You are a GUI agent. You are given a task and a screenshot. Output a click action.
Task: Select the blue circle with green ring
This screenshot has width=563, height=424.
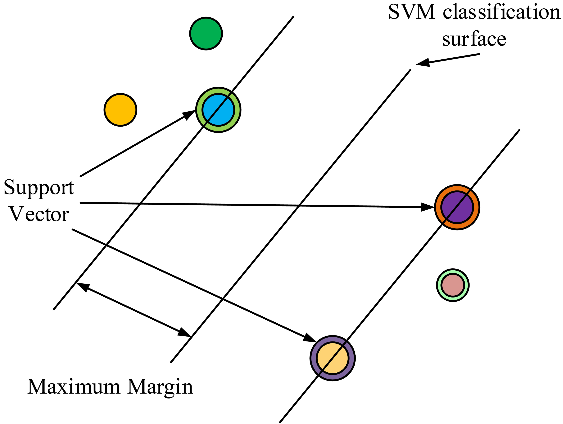218,110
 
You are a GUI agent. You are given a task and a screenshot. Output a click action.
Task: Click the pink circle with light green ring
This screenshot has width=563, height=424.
453,285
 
